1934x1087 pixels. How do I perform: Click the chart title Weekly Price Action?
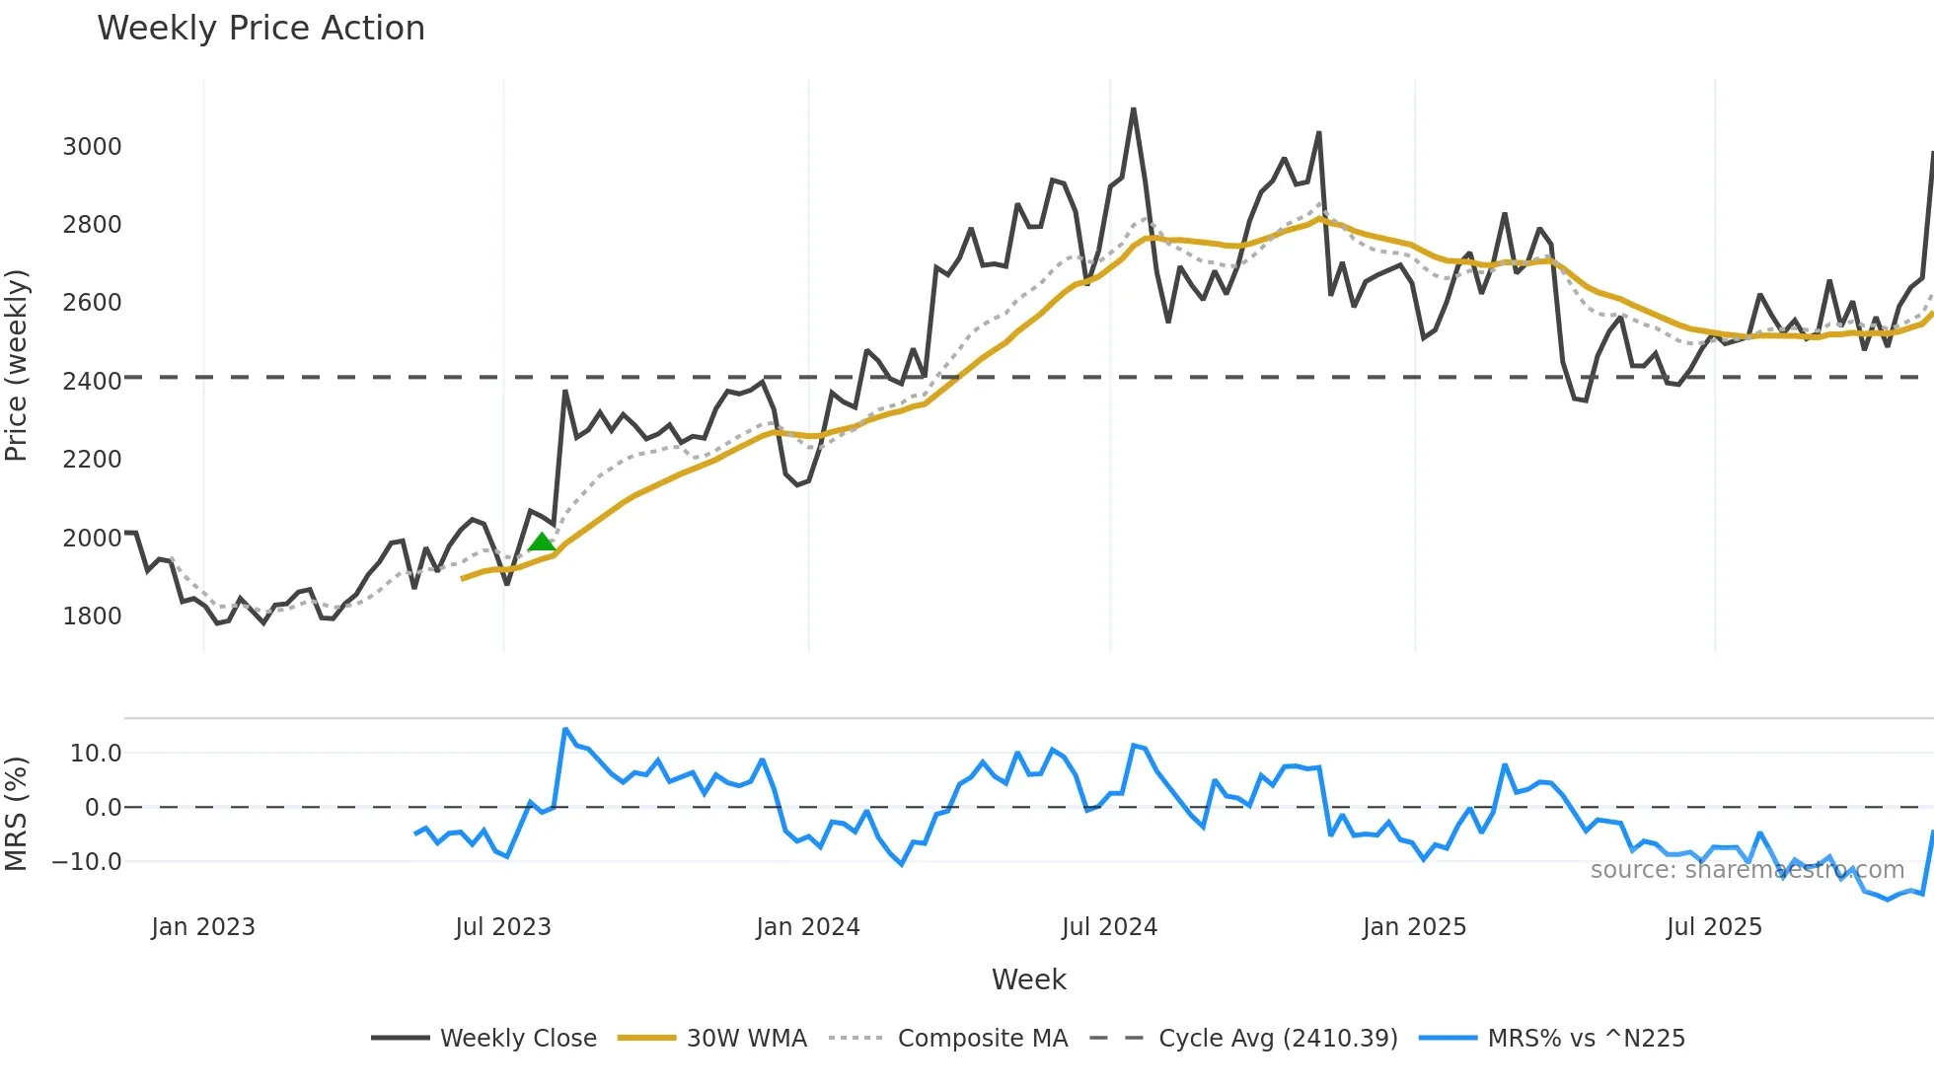pos(260,29)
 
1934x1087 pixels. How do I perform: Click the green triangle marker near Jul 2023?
pos(541,542)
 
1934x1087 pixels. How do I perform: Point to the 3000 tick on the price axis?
pos(92,147)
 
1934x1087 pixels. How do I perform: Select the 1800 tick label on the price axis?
pos(92,616)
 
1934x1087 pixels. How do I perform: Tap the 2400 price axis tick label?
pos(92,382)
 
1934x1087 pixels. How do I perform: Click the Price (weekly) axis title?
pos(17,365)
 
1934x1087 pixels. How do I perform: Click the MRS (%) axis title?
pos(17,814)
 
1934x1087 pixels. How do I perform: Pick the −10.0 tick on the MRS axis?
pos(86,862)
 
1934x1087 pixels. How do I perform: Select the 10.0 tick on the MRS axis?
pos(95,754)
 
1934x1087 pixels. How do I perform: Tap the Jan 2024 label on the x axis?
pos(808,927)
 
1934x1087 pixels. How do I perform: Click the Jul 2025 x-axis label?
pos(1714,927)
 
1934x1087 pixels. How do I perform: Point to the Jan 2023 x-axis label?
pos(203,927)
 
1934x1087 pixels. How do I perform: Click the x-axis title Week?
pos(1028,979)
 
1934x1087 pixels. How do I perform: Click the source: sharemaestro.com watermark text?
pos(1747,870)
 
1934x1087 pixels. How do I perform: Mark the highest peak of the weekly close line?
pos(1133,109)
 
